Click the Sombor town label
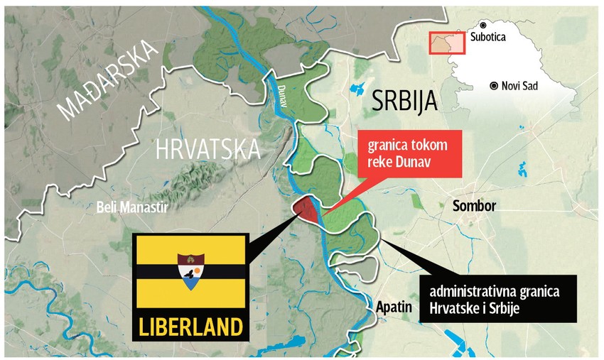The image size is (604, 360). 474,206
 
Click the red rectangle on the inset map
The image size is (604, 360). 447,43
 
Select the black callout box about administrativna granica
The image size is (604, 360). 497,302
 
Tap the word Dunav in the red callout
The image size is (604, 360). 416,163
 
